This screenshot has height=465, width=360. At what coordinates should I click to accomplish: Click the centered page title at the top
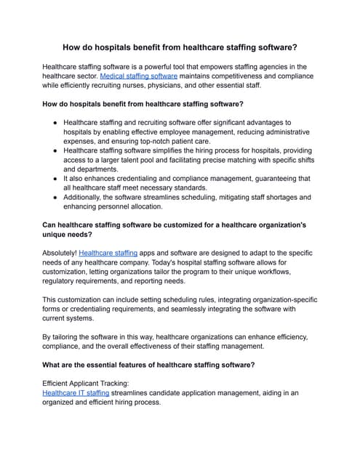coord(180,47)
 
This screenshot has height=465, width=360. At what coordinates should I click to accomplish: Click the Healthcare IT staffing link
coord(76,392)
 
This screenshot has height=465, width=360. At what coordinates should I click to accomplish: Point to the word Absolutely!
coord(60,252)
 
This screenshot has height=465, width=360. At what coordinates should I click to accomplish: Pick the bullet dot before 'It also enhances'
coord(55,178)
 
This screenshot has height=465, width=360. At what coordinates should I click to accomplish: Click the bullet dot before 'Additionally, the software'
coord(55,198)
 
